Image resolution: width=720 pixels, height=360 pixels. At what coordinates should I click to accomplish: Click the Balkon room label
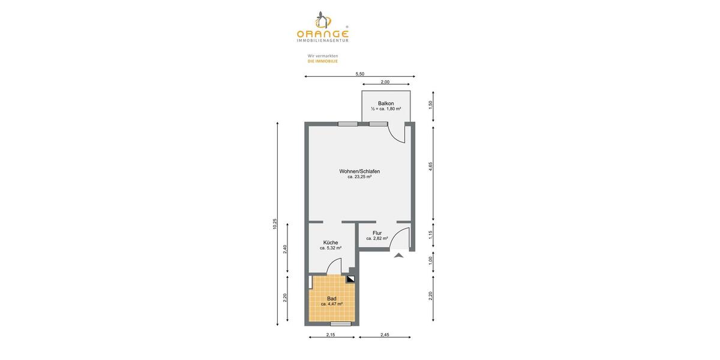click(x=386, y=103)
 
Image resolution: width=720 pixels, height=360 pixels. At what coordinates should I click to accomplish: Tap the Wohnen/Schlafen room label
click(x=359, y=171)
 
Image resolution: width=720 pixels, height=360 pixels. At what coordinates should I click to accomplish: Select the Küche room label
click(x=331, y=242)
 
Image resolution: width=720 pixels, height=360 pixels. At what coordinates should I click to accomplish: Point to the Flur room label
click(x=377, y=233)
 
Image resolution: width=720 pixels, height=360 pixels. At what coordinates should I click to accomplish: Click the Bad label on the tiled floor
click(x=331, y=298)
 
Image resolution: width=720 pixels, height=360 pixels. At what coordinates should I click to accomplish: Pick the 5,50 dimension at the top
click(x=360, y=74)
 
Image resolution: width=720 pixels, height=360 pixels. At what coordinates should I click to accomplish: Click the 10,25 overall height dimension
click(x=275, y=223)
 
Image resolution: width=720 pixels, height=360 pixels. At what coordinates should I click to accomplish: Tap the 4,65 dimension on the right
click(x=430, y=167)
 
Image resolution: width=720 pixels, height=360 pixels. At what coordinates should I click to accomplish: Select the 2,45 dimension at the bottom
click(x=385, y=335)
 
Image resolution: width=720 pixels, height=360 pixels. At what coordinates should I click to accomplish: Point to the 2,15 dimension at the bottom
click(x=331, y=335)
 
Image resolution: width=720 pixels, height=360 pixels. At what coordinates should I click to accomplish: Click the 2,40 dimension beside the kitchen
click(x=285, y=249)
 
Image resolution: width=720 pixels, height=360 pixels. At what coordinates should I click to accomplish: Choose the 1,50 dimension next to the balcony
click(x=430, y=104)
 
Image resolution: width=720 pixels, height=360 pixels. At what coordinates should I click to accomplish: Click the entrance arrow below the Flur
click(x=399, y=255)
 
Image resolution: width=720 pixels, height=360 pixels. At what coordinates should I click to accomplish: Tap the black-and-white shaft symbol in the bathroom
click(x=351, y=279)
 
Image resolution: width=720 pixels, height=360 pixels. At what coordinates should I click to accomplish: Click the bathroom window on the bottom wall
click(x=341, y=324)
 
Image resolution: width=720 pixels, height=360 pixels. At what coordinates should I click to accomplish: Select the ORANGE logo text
click(x=322, y=34)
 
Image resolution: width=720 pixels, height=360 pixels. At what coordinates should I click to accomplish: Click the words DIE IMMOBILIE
click(x=323, y=61)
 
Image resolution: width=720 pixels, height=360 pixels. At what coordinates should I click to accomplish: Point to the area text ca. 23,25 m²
click(x=359, y=177)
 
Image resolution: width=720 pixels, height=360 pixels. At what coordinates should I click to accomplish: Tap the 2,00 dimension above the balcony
click(x=385, y=82)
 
